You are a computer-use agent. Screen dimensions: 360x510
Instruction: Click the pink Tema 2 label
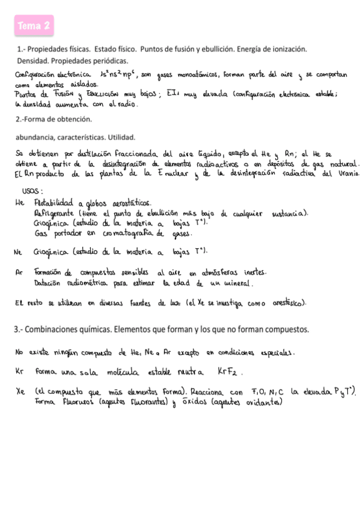34,26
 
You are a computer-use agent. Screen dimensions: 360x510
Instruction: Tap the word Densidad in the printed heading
32,61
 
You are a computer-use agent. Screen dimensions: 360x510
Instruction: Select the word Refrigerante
58,212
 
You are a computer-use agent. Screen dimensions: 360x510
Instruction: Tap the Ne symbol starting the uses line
17,252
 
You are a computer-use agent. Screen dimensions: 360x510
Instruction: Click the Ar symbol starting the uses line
18,271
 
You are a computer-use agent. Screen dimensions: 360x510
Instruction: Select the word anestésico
281,304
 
